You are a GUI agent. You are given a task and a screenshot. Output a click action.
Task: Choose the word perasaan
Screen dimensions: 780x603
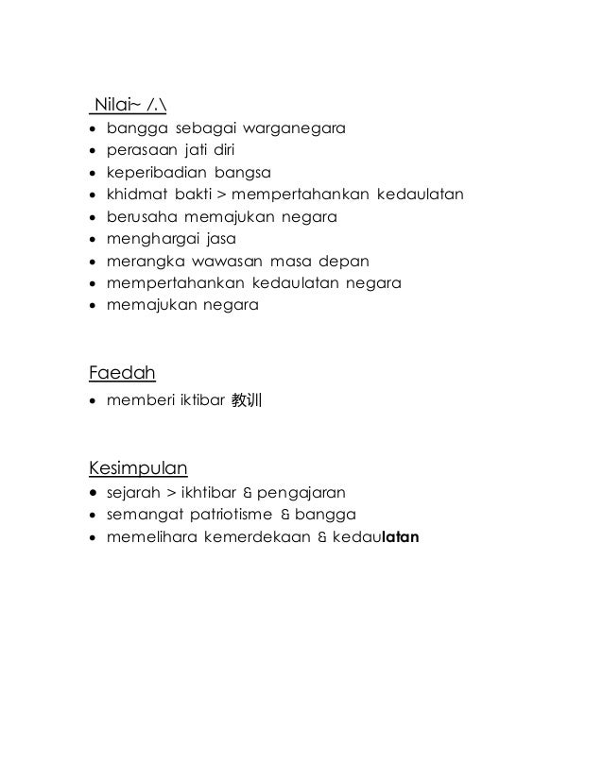(x=139, y=150)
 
